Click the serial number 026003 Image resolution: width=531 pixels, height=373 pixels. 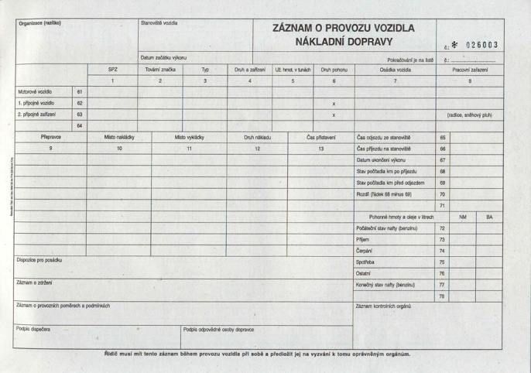[481, 45]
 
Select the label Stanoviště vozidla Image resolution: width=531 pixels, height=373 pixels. [159, 23]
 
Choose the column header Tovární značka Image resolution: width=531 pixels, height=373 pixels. [159, 70]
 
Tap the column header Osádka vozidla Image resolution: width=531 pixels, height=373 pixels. [395, 70]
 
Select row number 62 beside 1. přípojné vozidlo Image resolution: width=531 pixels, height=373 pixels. [80, 103]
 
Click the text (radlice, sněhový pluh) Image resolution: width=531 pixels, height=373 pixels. [469, 115]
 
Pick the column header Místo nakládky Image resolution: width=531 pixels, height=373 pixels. [119, 137]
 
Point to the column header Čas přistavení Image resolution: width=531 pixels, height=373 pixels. [321, 137]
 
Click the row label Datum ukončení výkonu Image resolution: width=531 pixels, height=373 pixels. [384, 159]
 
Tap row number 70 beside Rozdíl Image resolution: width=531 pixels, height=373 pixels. [442, 194]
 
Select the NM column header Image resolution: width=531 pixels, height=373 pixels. [463, 217]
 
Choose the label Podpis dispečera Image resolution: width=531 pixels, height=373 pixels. [33, 329]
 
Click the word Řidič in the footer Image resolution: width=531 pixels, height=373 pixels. [112, 354]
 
